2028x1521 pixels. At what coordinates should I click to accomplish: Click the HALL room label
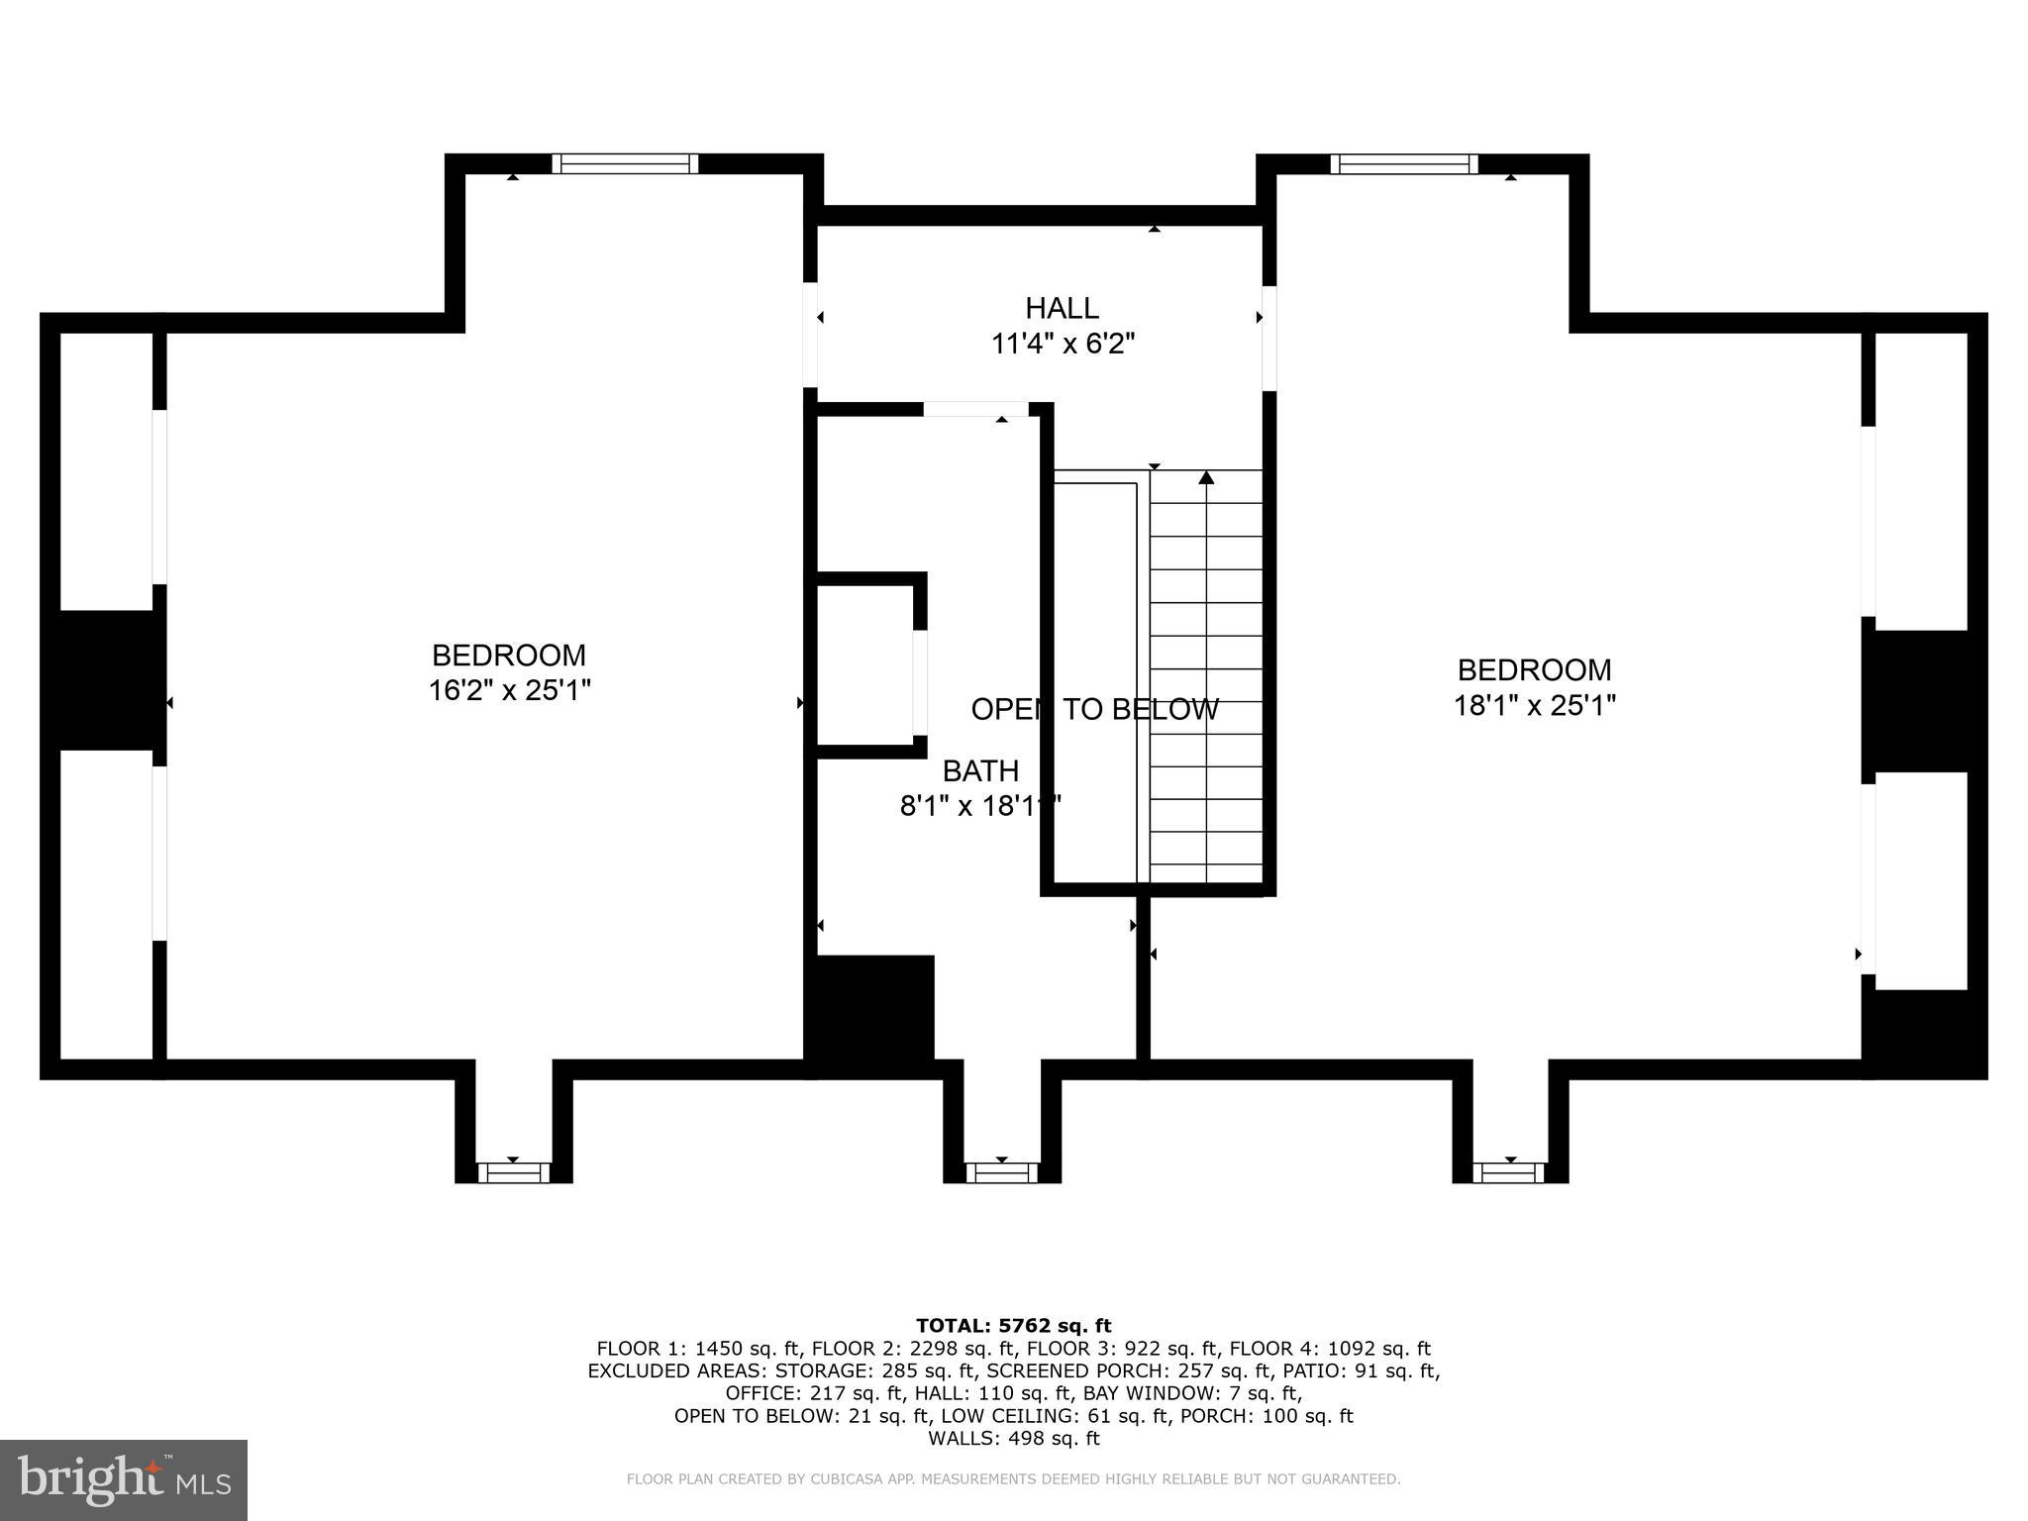click(x=1062, y=308)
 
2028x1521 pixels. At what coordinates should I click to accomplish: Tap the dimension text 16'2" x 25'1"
click(x=509, y=690)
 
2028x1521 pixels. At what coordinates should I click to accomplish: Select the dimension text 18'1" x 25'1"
click(x=1534, y=705)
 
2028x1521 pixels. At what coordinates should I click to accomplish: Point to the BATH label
click(x=979, y=770)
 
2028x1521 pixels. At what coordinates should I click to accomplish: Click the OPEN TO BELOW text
click(x=1094, y=709)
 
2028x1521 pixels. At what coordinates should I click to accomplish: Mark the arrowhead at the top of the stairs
click(x=1205, y=478)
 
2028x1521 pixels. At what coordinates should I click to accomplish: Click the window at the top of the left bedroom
click(x=625, y=163)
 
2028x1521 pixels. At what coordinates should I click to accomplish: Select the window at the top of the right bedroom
click(x=1403, y=163)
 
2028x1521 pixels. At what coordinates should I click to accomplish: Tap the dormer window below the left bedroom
click(x=513, y=1172)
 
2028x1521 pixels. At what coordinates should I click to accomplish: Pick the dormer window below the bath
click(x=1001, y=1172)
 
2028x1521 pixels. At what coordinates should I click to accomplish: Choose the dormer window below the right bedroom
click(x=1509, y=1172)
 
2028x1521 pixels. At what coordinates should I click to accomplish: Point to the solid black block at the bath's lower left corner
click(x=872, y=1010)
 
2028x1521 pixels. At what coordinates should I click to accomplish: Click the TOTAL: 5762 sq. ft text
click(x=1013, y=1326)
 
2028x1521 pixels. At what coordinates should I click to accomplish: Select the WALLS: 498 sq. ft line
click(x=1013, y=1439)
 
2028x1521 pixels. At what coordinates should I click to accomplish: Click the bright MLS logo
click(x=124, y=1479)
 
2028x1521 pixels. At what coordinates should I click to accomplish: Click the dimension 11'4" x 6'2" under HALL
click(x=1062, y=344)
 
